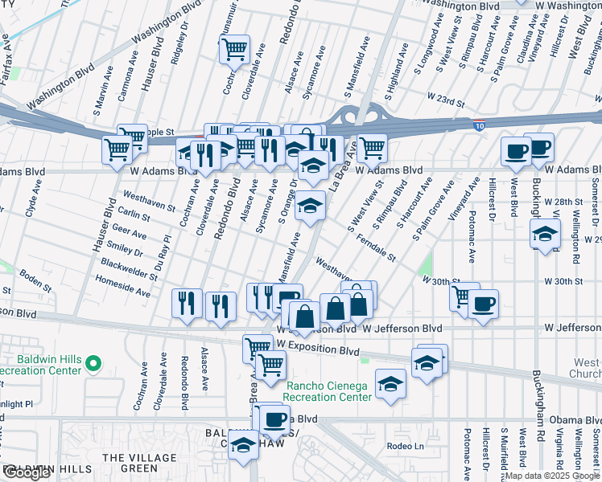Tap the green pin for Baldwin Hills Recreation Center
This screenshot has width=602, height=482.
[x=93, y=365]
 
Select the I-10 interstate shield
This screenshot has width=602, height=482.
[x=479, y=126]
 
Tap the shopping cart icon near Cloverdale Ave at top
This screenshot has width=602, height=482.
[x=234, y=49]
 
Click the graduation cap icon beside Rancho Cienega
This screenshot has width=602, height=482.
[x=390, y=384]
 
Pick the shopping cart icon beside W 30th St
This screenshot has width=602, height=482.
[x=464, y=296]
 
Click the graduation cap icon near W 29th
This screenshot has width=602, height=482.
[x=546, y=235]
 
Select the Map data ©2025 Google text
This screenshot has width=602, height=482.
[x=552, y=476]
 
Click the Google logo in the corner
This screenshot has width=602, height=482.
[x=27, y=473]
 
